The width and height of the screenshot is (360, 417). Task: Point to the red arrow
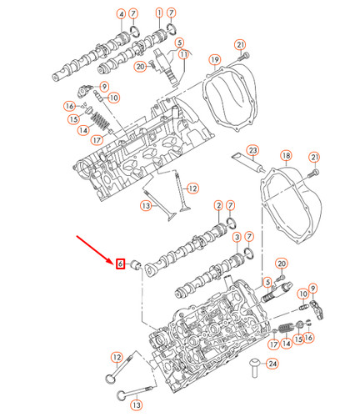click(x=96, y=248)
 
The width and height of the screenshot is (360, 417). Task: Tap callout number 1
click(x=159, y=14)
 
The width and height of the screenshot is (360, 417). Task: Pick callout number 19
click(x=214, y=60)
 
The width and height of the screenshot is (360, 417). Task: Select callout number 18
click(x=285, y=157)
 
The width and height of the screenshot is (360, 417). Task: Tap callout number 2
click(x=218, y=206)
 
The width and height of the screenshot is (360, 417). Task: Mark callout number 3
click(x=237, y=237)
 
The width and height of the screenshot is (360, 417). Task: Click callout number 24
click(x=273, y=364)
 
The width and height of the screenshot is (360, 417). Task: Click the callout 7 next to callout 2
click(x=232, y=206)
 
